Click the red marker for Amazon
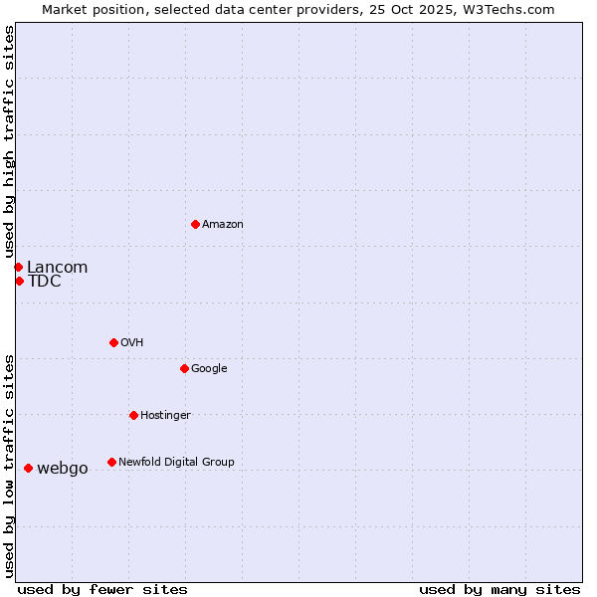click(x=195, y=224)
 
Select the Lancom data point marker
click(x=18, y=267)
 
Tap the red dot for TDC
click(x=19, y=281)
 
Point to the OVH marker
click(x=113, y=342)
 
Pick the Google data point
click(x=184, y=368)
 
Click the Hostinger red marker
click(x=133, y=415)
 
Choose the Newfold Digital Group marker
click(x=111, y=462)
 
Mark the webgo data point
click(x=28, y=468)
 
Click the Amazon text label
click(x=223, y=225)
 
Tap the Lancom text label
click(x=57, y=267)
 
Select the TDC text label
click(x=45, y=282)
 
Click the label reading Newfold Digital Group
click(x=176, y=462)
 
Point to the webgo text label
click(x=62, y=469)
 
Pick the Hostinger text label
click(x=165, y=415)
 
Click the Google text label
click(x=209, y=368)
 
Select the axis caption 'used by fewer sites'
click(x=102, y=589)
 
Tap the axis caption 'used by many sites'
click(x=499, y=589)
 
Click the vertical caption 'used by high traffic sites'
click(x=9, y=141)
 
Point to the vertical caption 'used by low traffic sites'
click(x=9, y=466)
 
